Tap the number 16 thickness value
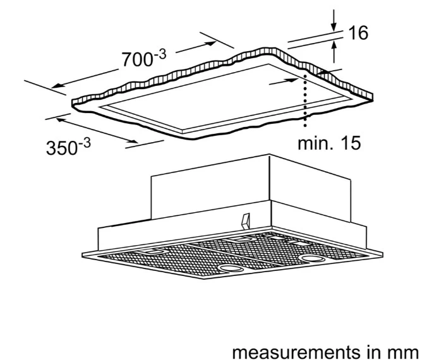coord(358,33)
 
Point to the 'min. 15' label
coord(329,143)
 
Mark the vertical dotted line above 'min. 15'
coord(305,100)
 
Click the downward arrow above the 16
coord(334,20)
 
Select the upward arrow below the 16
coord(334,52)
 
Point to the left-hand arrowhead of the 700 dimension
coord(57,86)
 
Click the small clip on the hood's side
coord(246,221)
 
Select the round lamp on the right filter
coord(312,258)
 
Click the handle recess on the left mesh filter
coord(153,251)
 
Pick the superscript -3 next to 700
coord(160,55)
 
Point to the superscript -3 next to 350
coord(84,143)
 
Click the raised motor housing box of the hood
coord(250,188)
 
